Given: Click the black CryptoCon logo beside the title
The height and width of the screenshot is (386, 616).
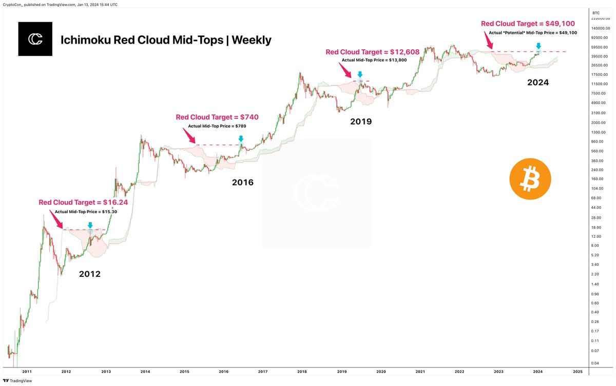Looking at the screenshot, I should (35, 39).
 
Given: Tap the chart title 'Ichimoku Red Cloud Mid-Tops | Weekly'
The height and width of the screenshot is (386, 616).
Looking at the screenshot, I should (166, 40).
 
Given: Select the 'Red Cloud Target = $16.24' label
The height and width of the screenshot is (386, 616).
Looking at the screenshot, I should (83, 202).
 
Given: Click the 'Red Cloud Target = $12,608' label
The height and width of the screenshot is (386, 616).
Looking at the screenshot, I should (375, 52).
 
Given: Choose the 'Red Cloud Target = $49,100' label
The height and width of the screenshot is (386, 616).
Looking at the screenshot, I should (528, 23).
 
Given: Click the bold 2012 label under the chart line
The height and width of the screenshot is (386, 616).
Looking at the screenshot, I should (89, 274).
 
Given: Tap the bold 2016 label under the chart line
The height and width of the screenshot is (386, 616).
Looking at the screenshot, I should (242, 182).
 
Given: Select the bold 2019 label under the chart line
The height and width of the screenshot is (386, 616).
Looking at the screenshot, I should (361, 122).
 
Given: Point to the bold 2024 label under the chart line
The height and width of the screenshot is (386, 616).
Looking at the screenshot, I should (538, 82).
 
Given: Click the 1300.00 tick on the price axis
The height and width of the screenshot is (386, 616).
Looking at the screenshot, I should (598, 132).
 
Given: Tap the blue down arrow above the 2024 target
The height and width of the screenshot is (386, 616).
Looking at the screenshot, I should (538, 46).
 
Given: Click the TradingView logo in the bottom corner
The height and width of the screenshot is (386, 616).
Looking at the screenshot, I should (18, 380).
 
